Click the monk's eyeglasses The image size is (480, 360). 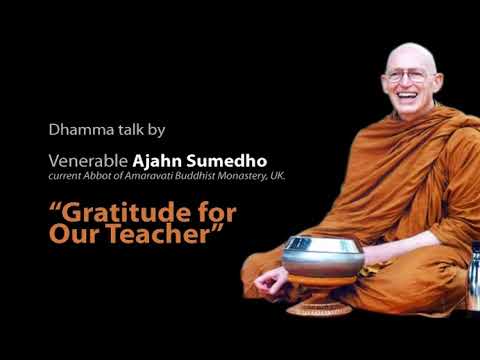409,76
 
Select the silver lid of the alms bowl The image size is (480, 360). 321,246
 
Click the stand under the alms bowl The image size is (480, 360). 318,302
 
